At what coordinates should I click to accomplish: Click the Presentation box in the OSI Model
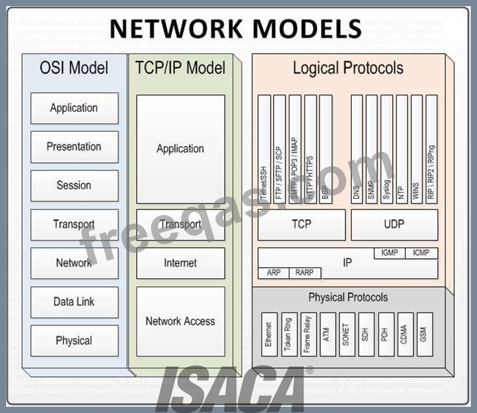(74, 147)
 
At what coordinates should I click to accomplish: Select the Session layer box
(74, 186)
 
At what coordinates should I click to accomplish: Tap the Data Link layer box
(74, 302)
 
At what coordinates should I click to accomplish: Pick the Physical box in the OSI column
(74, 340)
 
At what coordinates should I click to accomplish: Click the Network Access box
(180, 321)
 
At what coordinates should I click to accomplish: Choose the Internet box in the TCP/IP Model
(180, 263)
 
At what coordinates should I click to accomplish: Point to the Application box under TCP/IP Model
(180, 149)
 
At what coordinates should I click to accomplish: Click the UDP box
(394, 224)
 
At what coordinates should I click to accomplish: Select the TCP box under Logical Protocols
(301, 224)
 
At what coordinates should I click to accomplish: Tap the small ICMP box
(422, 253)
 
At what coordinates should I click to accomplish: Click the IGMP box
(389, 253)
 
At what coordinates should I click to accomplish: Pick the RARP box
(304, 273)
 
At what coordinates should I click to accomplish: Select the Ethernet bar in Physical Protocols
(269, 334)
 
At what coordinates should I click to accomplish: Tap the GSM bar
(425, 334)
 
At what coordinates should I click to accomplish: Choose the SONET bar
(346, 334)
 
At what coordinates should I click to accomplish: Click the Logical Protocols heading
(348, 68)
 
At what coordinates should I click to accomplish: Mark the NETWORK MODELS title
(235, 28)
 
